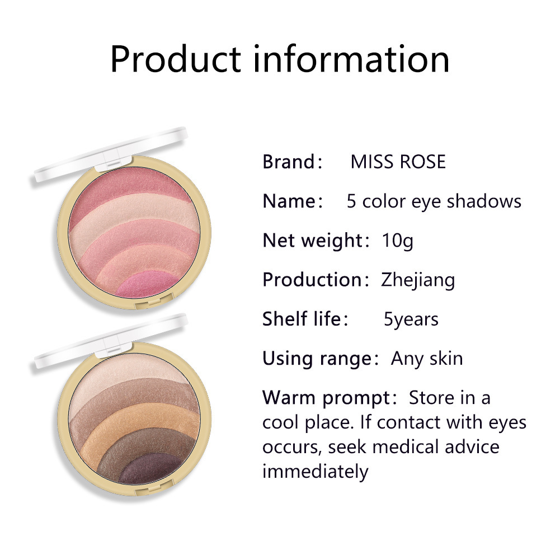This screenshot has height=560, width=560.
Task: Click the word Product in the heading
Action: click(176, 59)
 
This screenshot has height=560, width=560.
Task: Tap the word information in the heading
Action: click(351, 59)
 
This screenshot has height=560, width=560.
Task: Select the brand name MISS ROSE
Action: click(398, 162)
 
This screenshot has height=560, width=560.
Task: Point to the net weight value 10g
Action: click(398, 241)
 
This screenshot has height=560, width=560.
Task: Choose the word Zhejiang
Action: click(418, 280)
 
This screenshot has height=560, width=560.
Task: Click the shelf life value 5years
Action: click(411, 319)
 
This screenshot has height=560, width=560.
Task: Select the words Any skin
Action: click(427, 359)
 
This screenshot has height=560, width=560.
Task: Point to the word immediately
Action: click(316, 472)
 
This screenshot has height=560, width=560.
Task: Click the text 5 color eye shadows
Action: click(434, 201)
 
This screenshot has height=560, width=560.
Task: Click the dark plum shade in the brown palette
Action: click(150, 469)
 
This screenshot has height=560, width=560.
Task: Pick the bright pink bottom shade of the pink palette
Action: click(147, 284)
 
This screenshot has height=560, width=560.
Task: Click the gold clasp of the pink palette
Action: click(154, 302)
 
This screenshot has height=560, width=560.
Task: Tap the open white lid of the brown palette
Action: click(111, 339)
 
